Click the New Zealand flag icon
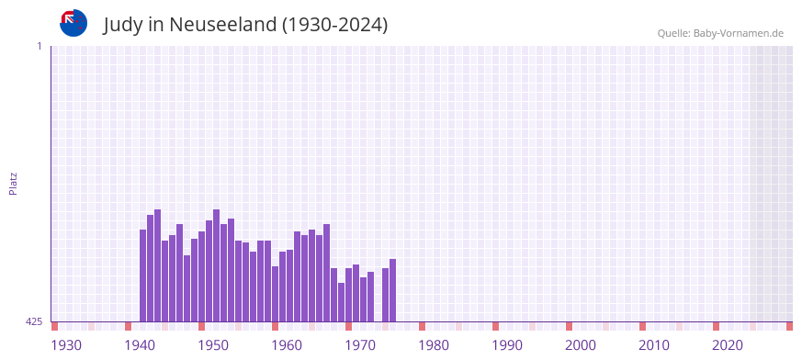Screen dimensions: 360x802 pyautogui.click(x=73, y=23)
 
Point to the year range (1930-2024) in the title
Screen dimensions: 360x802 pyautogui.click(x=335, y=25)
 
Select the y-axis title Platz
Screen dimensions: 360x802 pyautogui.click(x=13, y=183)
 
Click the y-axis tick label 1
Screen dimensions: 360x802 pyautogui.click(x=39, y=46)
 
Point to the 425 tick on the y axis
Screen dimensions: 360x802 pyautogui.click(x=34, y=321)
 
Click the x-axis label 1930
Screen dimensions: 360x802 pyautogui.click(x=66, y=345)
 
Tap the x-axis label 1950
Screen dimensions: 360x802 pyautogui.click(x=213, y=345)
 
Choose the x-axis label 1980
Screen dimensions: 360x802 pyautogui.click(x=434, y=345)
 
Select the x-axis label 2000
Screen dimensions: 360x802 pyautogui.click(x=581, y=345)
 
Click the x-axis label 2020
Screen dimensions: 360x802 pyautogui.click(x=728, y=345)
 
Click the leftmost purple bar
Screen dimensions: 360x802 pyautogui.click(x=143, y=276)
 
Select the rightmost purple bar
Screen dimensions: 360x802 pyautogui.click(x=392, y=290)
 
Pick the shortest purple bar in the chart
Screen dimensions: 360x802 pyautogui.click(x=341, y=302)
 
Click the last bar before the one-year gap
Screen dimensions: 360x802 pyautogui.click(x=370, y=297)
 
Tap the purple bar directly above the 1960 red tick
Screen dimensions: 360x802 pyautogui.click(x=275, y=294)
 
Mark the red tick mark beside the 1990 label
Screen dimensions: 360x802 pyautogui.click(x=495, y=326)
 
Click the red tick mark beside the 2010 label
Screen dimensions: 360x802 pyautogui.click(x=642, y=326)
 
